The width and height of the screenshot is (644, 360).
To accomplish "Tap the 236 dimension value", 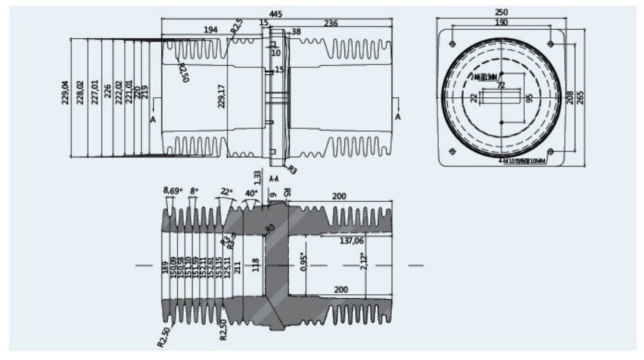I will (331, 24).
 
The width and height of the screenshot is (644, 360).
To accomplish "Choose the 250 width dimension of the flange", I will (501, 12).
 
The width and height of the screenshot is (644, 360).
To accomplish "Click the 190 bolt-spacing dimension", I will (501, 22).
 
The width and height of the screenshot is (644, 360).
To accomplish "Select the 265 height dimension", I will (580, 96).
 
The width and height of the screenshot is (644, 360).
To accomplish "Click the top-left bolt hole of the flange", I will (452, 44).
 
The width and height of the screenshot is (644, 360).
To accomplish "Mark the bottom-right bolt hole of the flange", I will (550, 151).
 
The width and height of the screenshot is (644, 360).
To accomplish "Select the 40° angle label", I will (252, 193).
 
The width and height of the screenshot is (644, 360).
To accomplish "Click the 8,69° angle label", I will (171, 189).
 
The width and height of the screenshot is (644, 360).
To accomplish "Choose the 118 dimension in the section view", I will (255, 264).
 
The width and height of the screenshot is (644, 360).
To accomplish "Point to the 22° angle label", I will (226, 190).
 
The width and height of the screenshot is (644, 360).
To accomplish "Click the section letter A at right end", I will (398, 118).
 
